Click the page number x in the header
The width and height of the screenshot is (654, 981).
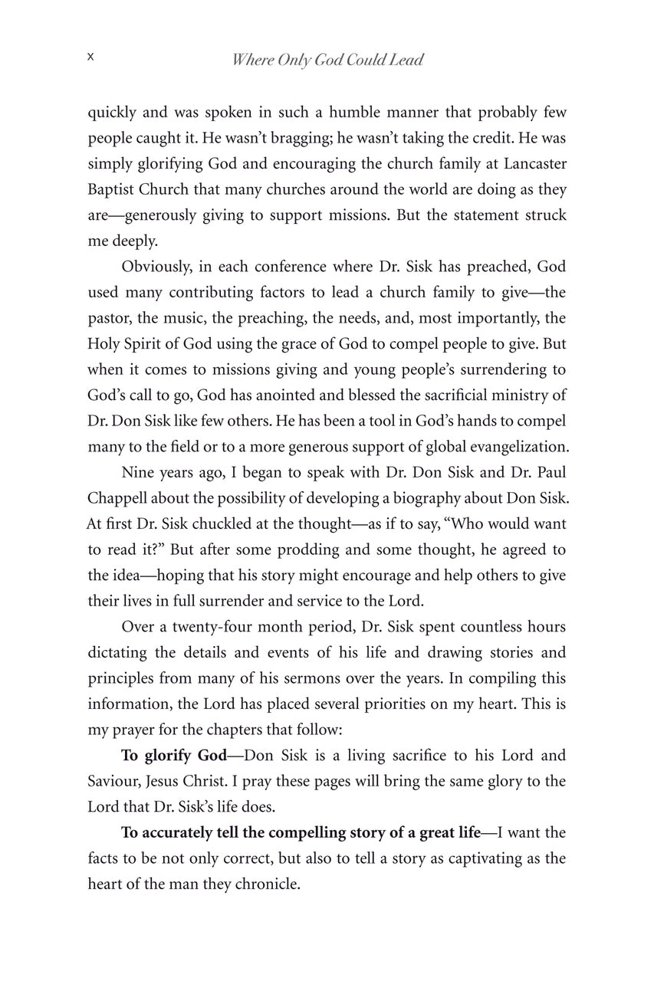90,57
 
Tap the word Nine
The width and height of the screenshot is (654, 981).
137,472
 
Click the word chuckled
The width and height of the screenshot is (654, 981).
183,523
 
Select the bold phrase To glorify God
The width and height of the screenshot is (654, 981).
173,756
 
